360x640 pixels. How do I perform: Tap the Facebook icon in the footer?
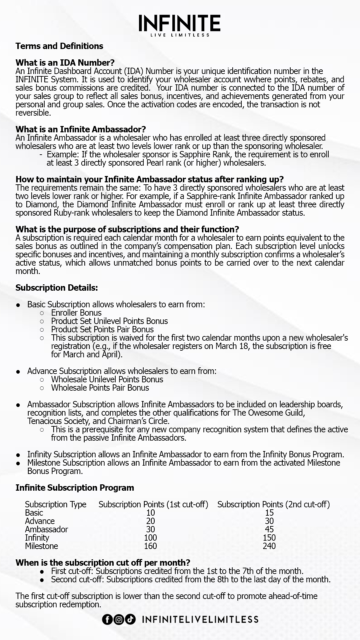[x=107, y=619]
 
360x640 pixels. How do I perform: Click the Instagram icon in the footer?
[x=119, y=619]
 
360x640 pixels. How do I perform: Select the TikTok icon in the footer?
[x=130, y=619]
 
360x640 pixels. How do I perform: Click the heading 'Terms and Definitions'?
[x=59, y=46]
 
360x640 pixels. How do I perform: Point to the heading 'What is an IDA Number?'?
[x=65, y=63]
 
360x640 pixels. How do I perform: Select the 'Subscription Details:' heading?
[x=57, y=288]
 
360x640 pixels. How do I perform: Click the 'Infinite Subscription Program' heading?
[x=75, y=488]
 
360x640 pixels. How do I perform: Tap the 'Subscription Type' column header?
[x=56, y=504]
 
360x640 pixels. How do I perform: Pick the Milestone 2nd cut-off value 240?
[x=269, y=546]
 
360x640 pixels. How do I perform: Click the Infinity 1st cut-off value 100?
[x=150, y=538]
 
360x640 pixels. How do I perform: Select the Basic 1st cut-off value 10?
[x=150, y=513]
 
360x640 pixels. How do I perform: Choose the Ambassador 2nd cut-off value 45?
[x=269, y=529]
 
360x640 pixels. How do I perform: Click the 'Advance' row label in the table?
[x=40, y=521]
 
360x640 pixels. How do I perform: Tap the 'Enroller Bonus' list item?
[x=76, y=313]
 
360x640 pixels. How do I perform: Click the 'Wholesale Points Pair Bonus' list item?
[x=100, y=388]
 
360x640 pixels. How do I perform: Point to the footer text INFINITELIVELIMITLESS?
[x=200, y=619]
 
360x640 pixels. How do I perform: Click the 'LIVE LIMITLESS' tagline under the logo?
[x=180, y=35]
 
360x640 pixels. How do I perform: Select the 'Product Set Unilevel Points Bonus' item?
[x=109, y=321]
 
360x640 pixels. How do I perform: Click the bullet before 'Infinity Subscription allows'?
[x=19, y=455]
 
